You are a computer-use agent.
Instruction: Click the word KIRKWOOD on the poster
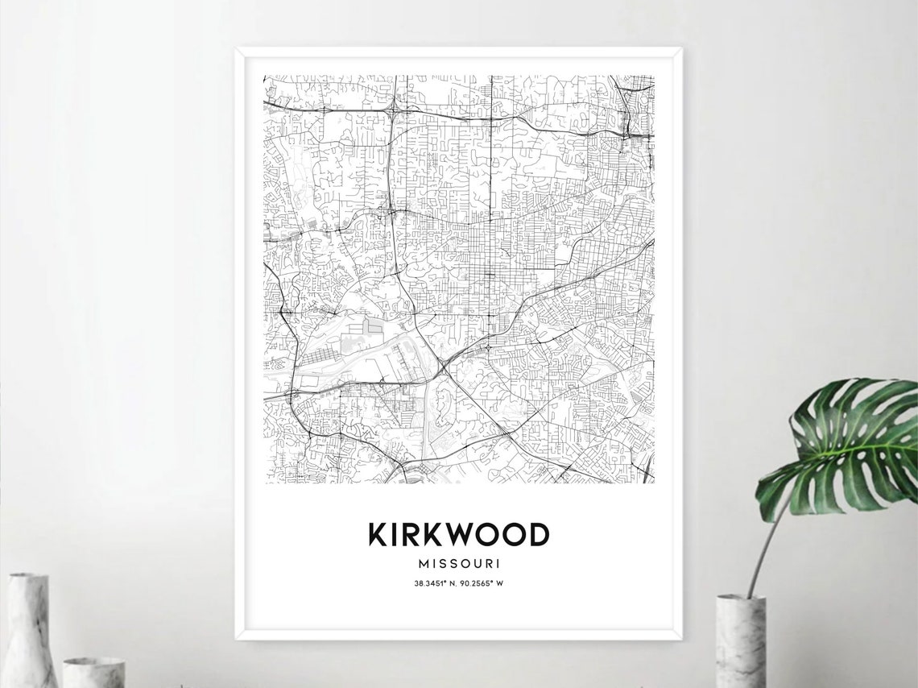click(x=458, y=534)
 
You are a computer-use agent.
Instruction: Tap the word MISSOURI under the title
click(x=458, y=562)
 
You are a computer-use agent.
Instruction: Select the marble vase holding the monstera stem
click(x=740, y=640)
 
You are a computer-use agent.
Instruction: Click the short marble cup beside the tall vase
click(x=93, y=672)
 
